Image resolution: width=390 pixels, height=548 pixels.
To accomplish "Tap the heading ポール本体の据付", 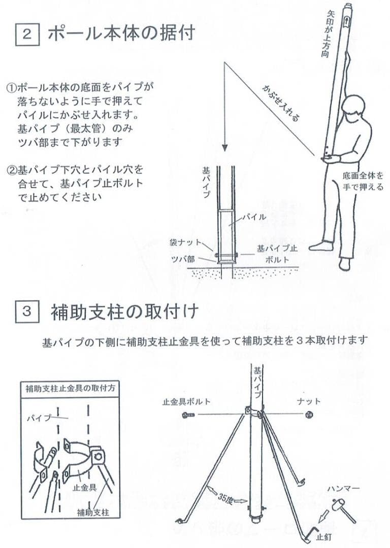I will [121, 34].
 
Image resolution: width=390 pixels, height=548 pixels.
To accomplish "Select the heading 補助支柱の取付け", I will [124, 312].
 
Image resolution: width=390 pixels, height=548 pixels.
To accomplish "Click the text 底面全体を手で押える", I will [363, 182].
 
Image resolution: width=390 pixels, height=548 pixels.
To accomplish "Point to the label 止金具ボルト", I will [186, 401].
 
